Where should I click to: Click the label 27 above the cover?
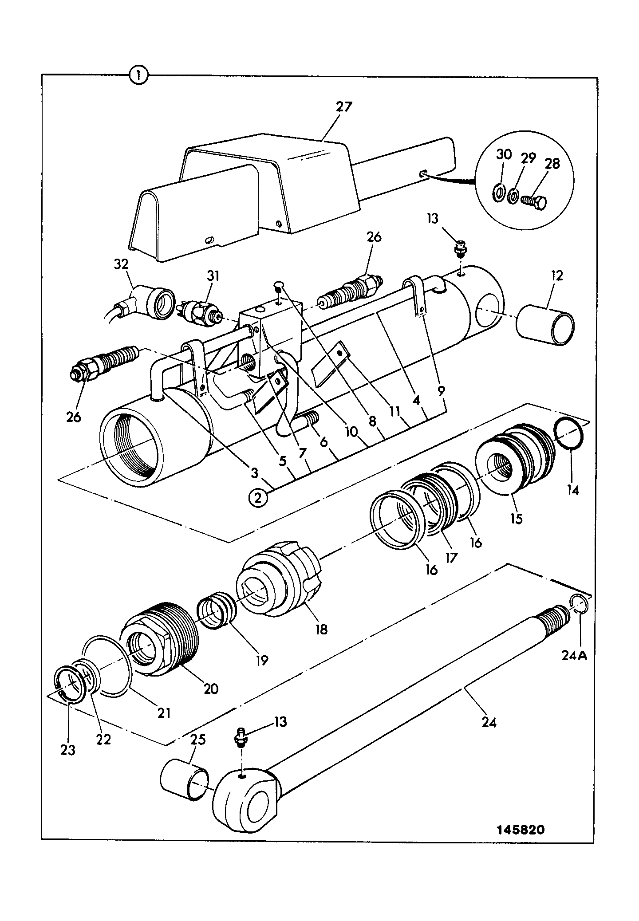(x=343, y=107)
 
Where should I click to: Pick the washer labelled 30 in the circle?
(x=498, y=193)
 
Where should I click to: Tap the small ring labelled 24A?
(x=579, y=604)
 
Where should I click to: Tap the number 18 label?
(x=321, y=628)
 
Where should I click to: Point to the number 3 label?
(x=254, y=473)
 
